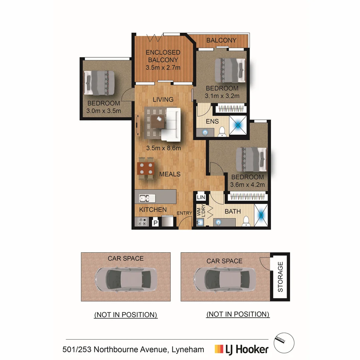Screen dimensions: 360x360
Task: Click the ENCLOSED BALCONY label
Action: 163,56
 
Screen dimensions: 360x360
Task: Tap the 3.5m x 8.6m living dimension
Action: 163,148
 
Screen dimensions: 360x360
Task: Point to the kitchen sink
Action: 147,198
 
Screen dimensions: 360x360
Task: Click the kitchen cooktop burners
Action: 142,222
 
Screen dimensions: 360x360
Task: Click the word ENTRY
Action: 184,213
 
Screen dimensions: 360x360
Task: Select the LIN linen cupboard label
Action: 201,197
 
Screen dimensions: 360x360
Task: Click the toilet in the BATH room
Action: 246,221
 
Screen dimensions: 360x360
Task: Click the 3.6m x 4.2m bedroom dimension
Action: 247,185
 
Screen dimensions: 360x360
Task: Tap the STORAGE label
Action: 280,277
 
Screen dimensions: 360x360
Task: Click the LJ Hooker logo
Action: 242,349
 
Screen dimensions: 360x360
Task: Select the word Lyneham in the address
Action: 188,350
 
